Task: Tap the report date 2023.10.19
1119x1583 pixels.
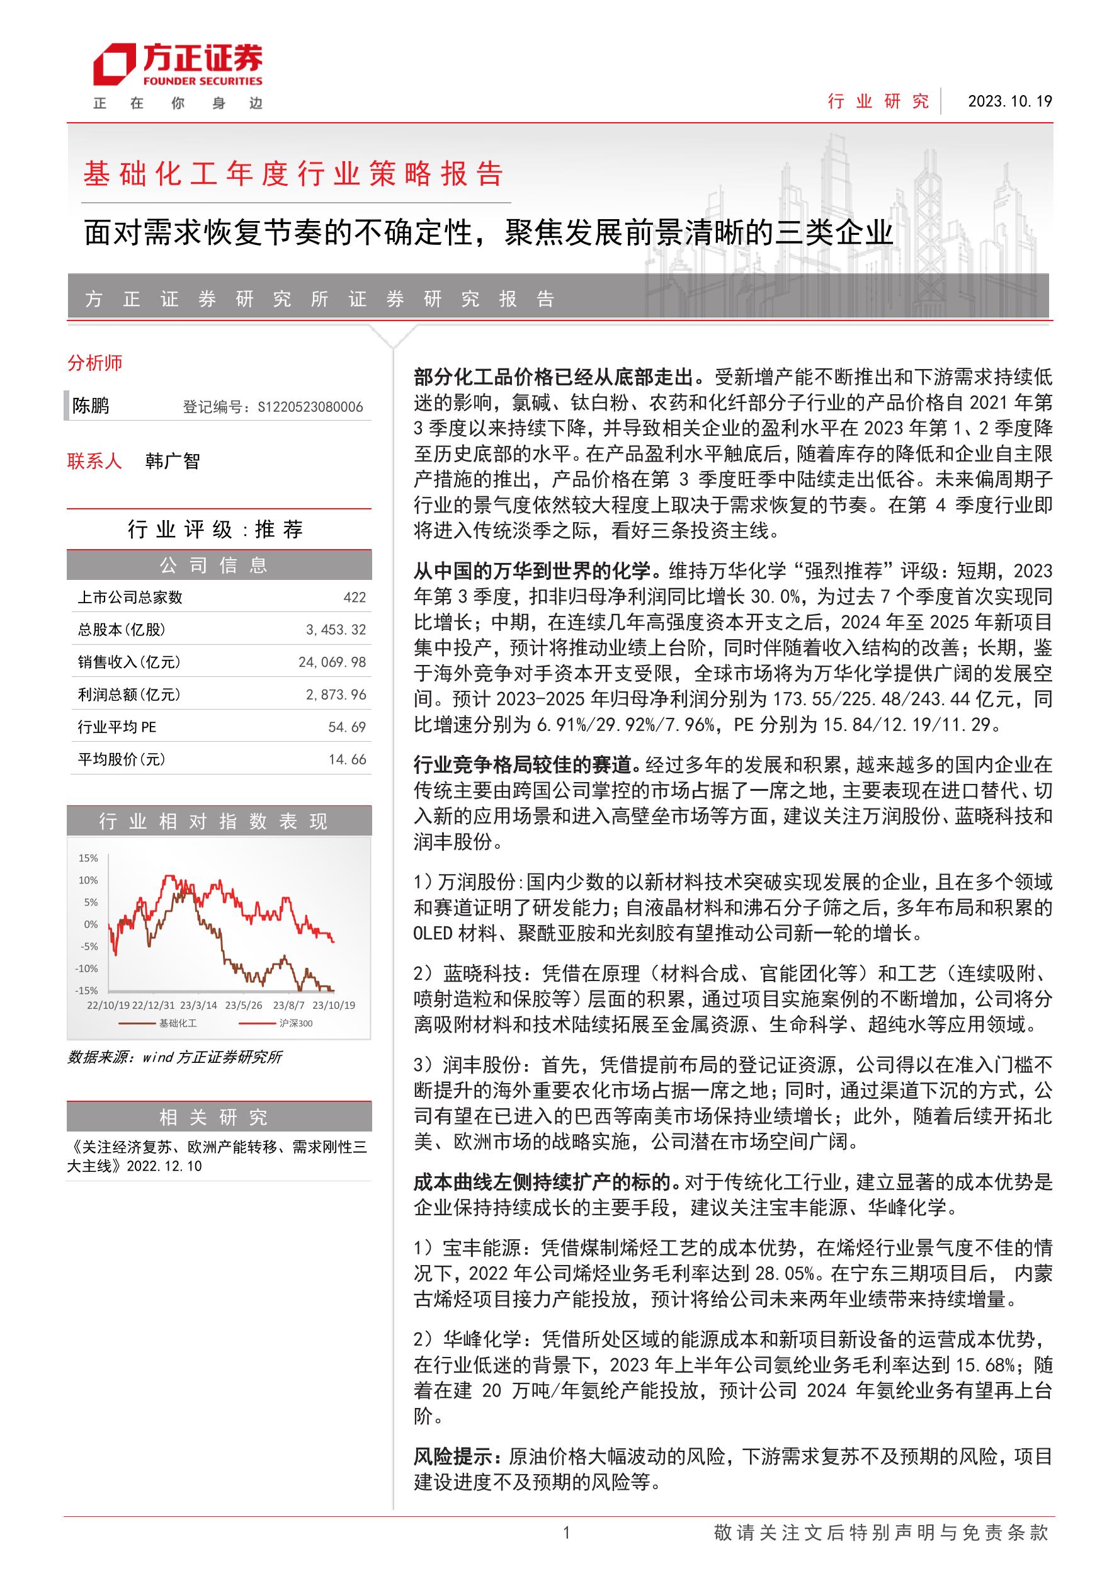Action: (1009, 101)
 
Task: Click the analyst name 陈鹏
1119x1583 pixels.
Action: (91, 406)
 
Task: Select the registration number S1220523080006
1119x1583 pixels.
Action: (310, 407)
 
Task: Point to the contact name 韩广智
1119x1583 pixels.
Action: (173, 460)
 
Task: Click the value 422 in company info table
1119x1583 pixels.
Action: (355, 597)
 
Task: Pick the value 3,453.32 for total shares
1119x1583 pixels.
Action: (336, 630)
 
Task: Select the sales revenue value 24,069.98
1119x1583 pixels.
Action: (332, 662)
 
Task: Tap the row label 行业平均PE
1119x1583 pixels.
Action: (117, 727)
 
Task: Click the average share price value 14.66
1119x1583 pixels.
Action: (347, 759)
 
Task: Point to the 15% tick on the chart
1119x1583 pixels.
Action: (88, 858)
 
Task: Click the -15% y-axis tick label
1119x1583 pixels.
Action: (87, 990)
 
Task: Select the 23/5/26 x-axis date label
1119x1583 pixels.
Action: (243, 1005)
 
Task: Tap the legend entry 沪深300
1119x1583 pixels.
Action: (296, 1023)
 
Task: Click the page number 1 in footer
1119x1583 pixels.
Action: (567, 1533)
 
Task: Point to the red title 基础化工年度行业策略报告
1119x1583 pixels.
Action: (293, 174)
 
